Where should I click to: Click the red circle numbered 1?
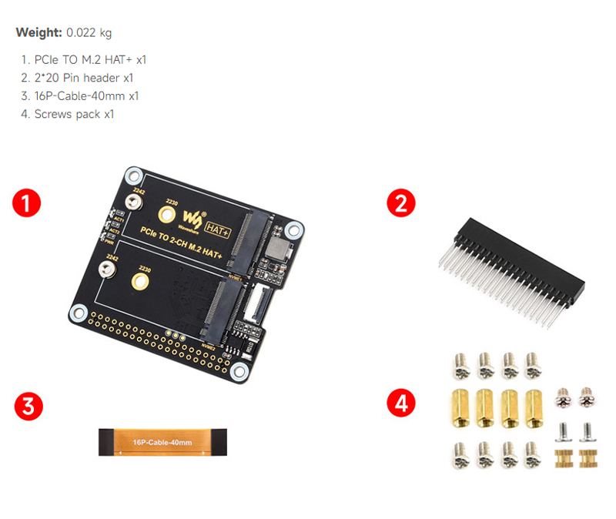pyautogui.click(x=27, y=205)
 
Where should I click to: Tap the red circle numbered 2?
pyautogui.click(x=400, y=204)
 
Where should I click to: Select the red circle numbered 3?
pyautogui.click(x=28, y=407)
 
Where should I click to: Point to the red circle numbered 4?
pyautogui.click(x=401, y=402)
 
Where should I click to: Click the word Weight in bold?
pyautogui.click(x=38, y=33)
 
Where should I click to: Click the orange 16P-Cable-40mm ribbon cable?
pyautogui.click(x=162, y=443)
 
